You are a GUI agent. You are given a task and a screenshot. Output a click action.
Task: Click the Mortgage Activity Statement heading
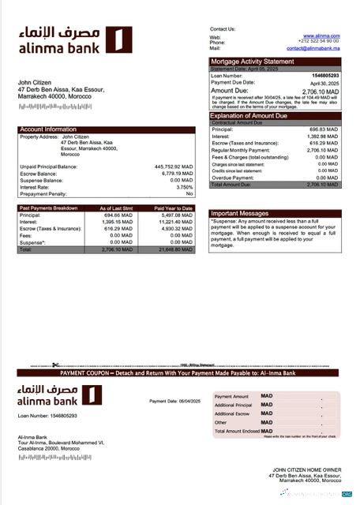coord(252,61)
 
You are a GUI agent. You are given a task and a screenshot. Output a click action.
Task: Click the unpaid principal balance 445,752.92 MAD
coord(173,166)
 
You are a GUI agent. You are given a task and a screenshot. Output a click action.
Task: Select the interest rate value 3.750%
coord(184,187)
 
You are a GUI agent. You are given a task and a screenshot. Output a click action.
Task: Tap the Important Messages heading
coord(241,213)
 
